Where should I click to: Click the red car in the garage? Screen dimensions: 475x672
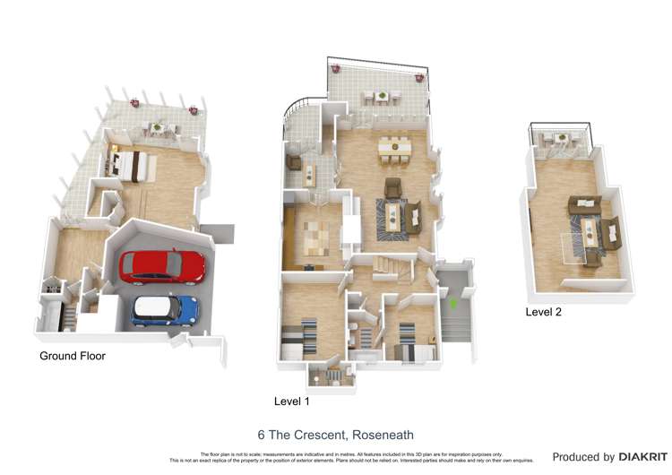(162, 266)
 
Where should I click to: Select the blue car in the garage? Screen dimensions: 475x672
(165, 311)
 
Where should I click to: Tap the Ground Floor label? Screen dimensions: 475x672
(73, 356)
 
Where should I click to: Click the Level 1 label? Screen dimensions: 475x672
(291, 400)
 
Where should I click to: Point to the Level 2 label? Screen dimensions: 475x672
(544, 311)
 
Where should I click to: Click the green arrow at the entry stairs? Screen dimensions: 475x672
(453, 305)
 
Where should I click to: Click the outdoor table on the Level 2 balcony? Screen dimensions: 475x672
(561, 139)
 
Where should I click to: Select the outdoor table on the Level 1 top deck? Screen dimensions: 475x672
(381, 97)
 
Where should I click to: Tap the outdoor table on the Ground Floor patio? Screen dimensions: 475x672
(158, 128)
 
